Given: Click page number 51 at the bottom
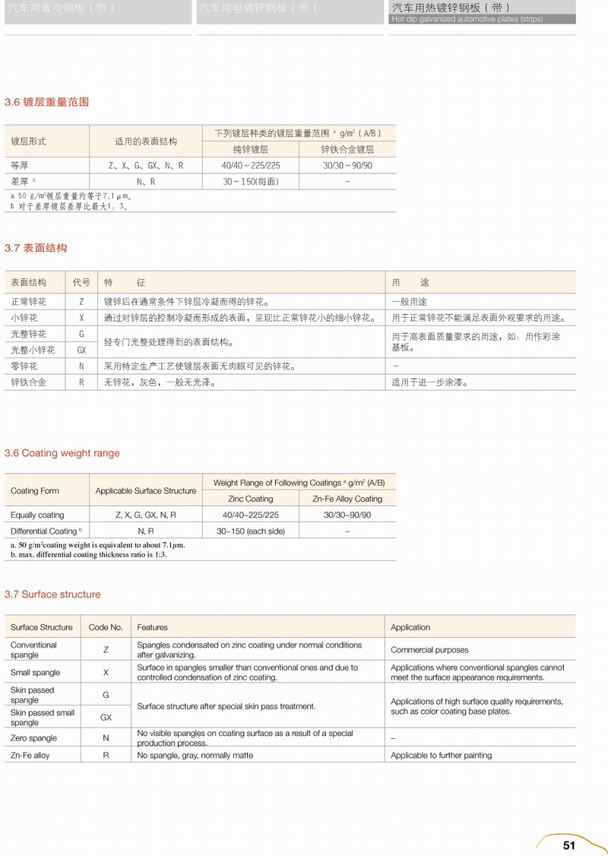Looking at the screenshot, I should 569,845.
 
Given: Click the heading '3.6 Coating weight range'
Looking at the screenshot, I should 62,453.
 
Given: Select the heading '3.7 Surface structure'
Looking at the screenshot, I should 52,594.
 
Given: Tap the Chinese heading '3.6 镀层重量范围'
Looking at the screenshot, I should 46,102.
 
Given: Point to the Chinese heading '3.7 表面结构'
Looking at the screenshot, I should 36,248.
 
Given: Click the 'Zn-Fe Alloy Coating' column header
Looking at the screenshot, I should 347,499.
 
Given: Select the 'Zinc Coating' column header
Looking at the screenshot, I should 250,499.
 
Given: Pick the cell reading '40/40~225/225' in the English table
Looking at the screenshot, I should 250,515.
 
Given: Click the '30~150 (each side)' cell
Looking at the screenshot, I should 250,531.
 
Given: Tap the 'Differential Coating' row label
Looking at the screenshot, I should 43,531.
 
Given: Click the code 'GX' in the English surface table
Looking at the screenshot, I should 106,718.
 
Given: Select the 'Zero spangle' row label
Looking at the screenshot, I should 33,738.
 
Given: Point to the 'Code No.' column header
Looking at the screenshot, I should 106,627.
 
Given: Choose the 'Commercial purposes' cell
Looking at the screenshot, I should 429,650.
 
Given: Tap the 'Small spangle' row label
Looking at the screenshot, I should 35,673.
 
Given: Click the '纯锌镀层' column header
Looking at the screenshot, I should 250,149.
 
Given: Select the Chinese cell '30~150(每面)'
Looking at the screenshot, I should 250,182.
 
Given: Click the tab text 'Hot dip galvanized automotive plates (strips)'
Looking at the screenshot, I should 467,19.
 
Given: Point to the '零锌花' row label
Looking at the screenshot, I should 24,366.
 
